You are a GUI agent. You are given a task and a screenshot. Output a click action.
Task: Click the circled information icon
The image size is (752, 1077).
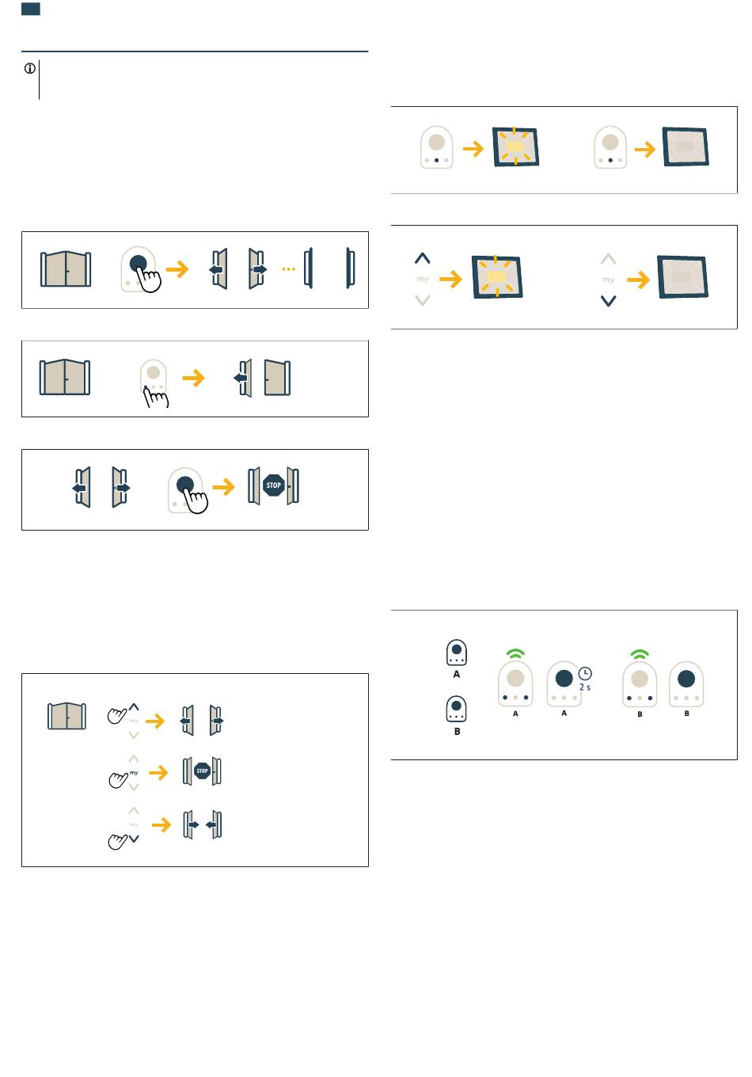pyautogui.click(x=30, y=69)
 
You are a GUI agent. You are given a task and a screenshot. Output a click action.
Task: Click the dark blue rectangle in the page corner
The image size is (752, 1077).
pyautogui.click(x=31, y=10)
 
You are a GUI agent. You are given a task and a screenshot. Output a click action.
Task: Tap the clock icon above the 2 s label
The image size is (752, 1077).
pyautogui.click(x=584, y=673)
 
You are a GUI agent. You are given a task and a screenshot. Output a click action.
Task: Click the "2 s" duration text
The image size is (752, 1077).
pyautogui.click(x=584, y=687)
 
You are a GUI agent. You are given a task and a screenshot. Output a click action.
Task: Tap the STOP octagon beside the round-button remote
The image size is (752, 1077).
pyautogui.click(x=273, y=485)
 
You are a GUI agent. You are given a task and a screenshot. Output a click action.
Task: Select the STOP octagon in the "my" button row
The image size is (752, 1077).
pyautogui.click(x=202, y=771)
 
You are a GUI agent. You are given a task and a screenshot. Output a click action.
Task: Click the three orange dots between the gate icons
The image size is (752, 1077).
pyautogui.click(x=288, y=268)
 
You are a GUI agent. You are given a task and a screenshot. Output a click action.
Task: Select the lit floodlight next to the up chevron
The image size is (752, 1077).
pyautogui.click(x=497, y=277)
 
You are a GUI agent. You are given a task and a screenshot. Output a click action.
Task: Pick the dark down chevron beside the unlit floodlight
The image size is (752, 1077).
pyautogui.click(x=608, y=301)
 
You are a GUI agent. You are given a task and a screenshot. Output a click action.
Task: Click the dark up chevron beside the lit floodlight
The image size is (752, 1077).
pyautogui.click(x=422, y=258)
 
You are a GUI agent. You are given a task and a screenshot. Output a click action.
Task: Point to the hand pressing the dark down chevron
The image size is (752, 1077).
pyautogui.click(x=117, y=841)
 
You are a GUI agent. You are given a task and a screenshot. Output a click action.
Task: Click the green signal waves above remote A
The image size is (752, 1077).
pyautogui.click(x=515, y=653)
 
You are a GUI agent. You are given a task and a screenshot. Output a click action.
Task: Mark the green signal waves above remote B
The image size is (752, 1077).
pyautogui.click(x=640, y=654)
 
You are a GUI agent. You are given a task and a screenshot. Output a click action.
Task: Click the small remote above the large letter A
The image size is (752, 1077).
pyautogui.click(x=457, y=653)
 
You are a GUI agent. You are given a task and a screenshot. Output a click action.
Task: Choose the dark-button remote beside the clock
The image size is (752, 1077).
pyautogui.click(x=564, y=683)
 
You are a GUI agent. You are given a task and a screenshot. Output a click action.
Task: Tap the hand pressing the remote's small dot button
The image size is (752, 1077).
pyautogui.click(x=155, y=398)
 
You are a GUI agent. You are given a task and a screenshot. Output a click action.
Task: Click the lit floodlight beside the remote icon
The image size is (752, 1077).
pyautogui.click(x=515, y=147)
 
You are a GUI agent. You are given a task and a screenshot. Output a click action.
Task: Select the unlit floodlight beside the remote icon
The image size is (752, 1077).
pyautogui.click(x=686, y=147)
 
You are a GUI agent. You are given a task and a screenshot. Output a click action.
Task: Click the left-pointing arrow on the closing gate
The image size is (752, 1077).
pyautogui.click(x=211, y=824)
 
